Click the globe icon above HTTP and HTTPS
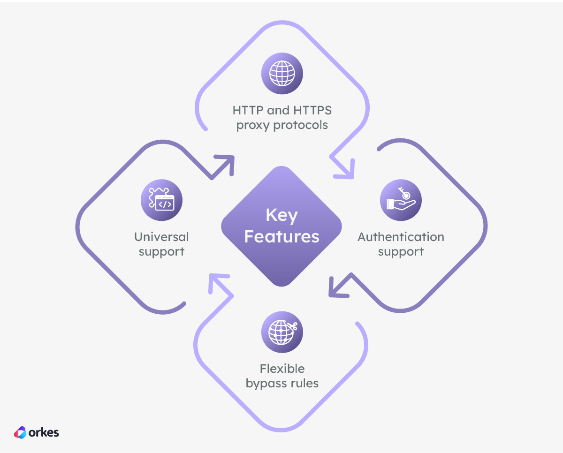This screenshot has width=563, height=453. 282,74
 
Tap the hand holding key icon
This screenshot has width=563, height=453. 401,200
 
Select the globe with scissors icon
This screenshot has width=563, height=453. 282,332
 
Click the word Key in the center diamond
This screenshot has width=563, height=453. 281,216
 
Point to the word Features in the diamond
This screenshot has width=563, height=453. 281,236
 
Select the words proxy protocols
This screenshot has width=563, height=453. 282,125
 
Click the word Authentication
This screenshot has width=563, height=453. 401,237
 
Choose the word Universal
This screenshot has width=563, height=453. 161,237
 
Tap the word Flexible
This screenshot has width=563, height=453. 282,369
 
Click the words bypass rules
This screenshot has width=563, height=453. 282,383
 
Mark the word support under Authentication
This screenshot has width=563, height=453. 401,251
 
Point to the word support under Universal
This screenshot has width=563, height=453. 161,251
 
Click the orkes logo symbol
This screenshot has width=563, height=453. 20,432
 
